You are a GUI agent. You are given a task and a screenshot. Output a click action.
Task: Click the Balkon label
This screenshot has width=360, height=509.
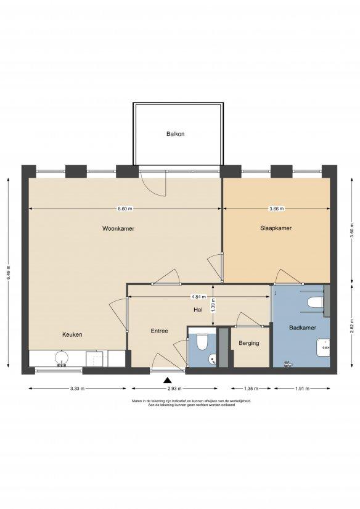point(175,134)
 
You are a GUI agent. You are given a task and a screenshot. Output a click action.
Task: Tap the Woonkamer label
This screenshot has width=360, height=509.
point(118,228)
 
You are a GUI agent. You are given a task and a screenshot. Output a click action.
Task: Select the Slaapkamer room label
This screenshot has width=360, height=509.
point(276,228)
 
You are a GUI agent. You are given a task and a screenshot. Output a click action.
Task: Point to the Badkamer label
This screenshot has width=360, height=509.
point(303,328)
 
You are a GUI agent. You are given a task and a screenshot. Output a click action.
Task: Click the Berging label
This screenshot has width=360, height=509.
point(249,343)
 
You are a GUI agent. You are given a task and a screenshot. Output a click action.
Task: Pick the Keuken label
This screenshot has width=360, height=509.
point(72,334)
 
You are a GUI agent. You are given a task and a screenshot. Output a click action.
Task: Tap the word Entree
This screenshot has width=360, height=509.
point(159,331)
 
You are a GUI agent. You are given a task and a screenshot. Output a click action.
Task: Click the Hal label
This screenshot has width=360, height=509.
point(198,310)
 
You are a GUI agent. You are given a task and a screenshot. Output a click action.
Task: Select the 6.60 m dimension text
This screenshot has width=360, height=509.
point(125,209)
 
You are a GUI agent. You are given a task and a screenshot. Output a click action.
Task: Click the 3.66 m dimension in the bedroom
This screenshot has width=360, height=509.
point(277,209)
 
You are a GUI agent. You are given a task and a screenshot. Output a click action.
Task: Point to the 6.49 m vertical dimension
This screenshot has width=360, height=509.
point(9,272)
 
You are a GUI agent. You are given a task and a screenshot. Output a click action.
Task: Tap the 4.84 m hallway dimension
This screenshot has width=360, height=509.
point(198,296)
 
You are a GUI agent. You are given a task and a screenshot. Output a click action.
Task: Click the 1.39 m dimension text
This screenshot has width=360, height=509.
point(213,305)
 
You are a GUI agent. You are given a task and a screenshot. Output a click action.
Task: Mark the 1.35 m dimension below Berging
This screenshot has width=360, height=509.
point(251,388)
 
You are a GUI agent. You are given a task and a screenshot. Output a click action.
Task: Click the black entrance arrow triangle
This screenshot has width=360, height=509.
point(167,380)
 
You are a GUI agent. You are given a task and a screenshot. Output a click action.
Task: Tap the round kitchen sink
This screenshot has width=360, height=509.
point(62,358)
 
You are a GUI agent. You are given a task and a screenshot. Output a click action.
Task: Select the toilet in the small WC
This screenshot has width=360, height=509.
point(202,342)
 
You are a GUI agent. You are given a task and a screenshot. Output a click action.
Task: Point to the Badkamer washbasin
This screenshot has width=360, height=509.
point(323,347)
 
